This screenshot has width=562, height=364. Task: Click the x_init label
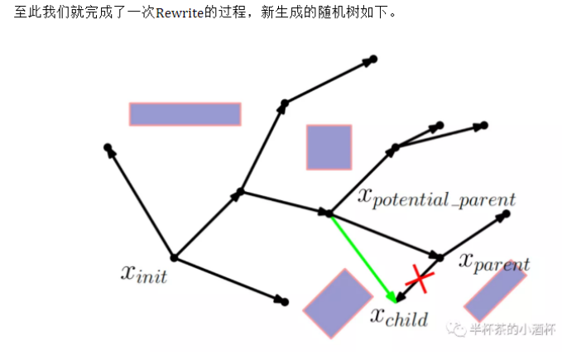pos(144,273)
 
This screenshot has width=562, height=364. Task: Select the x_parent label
pos(494,262)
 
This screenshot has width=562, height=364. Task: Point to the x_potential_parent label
pos(436,198)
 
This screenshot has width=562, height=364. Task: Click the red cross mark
pos(420,279)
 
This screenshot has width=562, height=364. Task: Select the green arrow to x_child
pos(361,256)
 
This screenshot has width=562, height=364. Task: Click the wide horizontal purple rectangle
pos(185,113)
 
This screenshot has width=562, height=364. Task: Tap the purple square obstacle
pos(329,147)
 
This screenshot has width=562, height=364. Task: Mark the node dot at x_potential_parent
pos(329,213)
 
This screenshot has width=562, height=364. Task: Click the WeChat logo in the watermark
pos(455,328)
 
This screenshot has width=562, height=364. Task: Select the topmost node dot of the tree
pos(373,59)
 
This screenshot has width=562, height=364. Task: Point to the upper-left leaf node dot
pos(108,147)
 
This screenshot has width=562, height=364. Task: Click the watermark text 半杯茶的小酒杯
pos(507,328)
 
